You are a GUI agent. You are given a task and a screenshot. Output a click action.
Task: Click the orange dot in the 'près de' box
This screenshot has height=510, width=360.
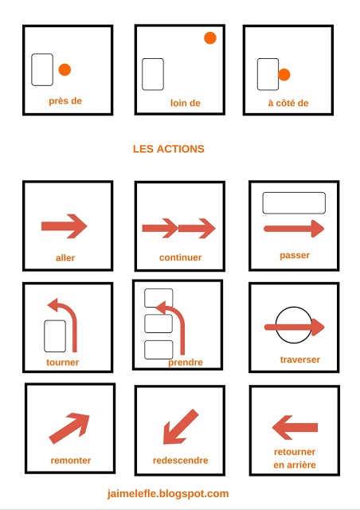tap(65, 70)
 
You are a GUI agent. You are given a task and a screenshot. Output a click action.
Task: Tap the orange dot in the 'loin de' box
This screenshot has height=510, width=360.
tap(210, 37)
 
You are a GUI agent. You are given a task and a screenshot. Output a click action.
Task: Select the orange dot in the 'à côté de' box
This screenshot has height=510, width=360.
tap(284, 75)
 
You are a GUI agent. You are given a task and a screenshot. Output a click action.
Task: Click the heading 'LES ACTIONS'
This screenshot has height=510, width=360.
tap(168, 149)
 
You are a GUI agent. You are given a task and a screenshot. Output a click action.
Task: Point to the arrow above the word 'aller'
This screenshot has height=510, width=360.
tap(64, 226)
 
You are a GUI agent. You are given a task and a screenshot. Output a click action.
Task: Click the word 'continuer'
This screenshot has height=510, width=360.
tap(180, 257)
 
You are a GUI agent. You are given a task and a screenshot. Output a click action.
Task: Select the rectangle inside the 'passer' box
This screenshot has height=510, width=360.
tap(294, 203)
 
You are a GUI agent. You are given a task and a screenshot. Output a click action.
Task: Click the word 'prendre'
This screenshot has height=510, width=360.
tap(185, 363)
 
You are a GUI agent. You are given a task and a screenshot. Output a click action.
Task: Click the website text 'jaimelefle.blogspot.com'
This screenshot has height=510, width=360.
tap(168, 494)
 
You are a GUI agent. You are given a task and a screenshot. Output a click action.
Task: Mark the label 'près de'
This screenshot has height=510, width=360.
tap(65, 101)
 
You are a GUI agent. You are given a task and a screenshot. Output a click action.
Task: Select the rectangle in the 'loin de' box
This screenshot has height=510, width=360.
tap(153, 74)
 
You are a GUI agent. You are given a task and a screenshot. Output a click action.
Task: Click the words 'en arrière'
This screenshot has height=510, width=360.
tap(294, 465)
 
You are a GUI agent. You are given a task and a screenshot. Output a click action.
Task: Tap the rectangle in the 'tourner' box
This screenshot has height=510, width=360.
tap(55, 335)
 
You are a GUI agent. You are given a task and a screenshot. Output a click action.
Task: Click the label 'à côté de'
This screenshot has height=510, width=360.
tap(288, 103)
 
